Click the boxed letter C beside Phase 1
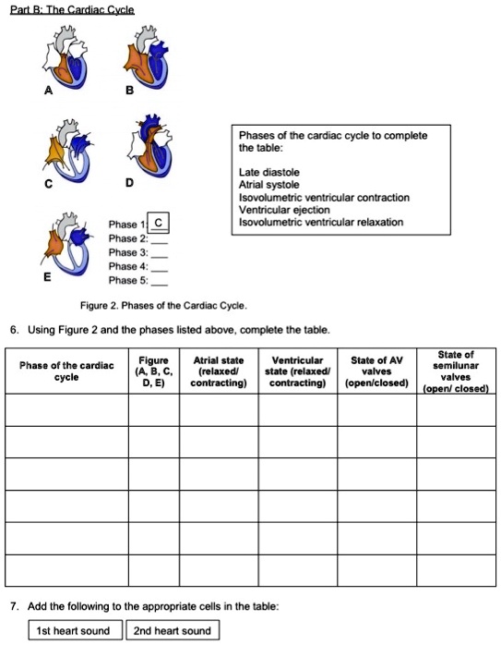[x=158, y=223]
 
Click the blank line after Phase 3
[x=159, y=252]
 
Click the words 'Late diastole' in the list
[x=268, y=173]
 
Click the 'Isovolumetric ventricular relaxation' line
[x=320, y=222]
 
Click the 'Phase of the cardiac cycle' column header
[x=66, y=371]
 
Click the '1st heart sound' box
[x=72, y=631]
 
